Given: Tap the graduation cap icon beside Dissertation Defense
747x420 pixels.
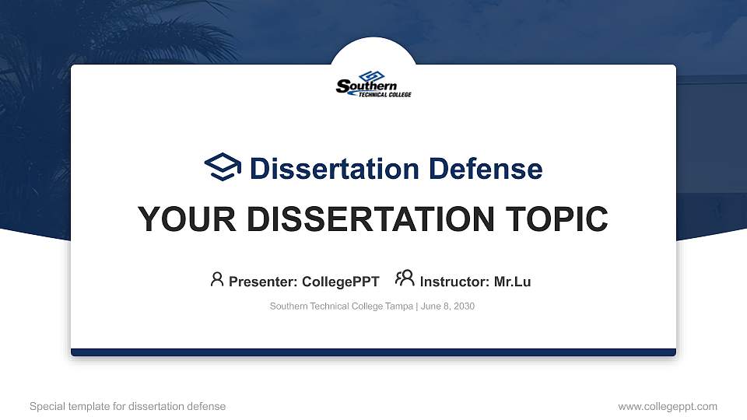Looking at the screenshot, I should [223, 167].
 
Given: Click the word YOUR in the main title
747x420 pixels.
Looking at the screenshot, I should [181, 219].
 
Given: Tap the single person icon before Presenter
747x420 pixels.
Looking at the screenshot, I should [217, 279].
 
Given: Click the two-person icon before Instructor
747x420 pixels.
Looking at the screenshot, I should [405, 278].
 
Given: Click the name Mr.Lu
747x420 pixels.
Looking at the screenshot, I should [512, 282].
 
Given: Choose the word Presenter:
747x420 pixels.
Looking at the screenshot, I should [260, 282].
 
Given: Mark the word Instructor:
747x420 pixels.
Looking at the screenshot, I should [454, 282].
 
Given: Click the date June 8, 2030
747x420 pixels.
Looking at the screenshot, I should [448, 306].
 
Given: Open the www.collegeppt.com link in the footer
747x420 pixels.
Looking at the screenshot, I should [668, 406].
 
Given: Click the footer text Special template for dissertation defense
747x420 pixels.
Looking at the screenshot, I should [128, 406].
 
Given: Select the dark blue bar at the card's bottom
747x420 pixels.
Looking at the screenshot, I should [373, 352].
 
